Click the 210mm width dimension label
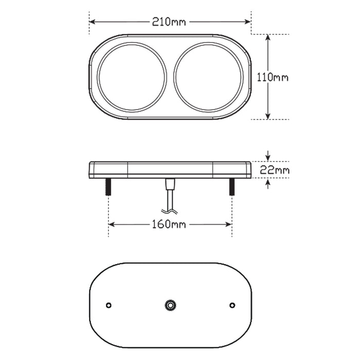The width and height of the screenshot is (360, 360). [x=169, y=22]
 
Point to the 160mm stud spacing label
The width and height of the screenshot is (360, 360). [x=169, y=224]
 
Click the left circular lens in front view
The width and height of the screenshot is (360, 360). [x=132, y=76]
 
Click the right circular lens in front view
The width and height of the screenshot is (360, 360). [x=208, y=76]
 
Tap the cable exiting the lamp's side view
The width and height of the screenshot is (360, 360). [x=169, y=198]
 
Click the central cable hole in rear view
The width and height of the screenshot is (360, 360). [x=169, y=305]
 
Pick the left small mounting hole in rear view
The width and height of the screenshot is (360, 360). [x=108, y=305]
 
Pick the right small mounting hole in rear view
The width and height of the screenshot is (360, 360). [x=232, y=305]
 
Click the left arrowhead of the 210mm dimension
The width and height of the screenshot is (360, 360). [x=93, y=22]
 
